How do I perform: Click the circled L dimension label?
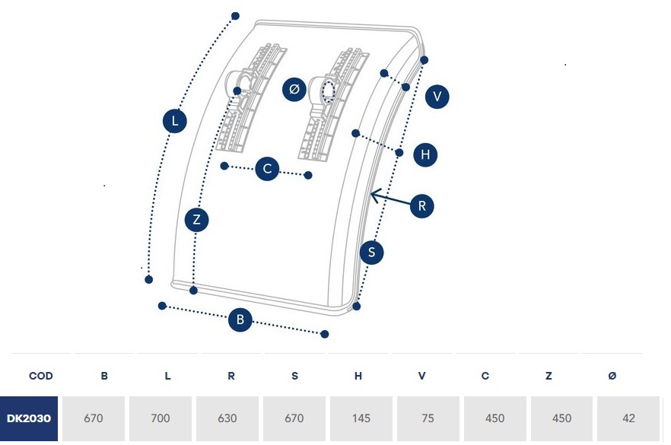175,121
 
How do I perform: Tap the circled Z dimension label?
196,221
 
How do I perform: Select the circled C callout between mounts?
267,169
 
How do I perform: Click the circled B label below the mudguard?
240,320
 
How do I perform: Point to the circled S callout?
371,253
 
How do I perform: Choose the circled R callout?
422,205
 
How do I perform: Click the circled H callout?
425,155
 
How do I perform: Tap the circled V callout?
437,97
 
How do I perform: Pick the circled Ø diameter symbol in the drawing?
294,89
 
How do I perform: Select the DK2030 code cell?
29,418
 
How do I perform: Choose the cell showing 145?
361,418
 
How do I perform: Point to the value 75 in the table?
428,418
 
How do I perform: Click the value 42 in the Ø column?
628,418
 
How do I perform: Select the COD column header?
40,376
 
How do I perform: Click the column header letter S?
294,376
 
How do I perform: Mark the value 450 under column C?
495,418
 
